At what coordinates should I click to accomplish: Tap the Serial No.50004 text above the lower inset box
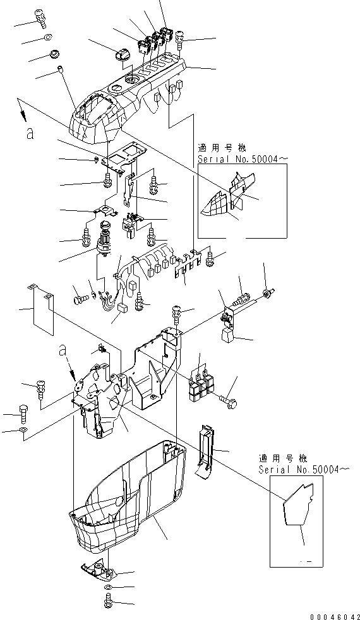tap(303, 469)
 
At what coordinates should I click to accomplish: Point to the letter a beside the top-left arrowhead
tap(28, 133)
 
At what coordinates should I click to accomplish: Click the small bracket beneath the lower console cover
tap(100, 570)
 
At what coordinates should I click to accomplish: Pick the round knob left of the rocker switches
tap(122, 58)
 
